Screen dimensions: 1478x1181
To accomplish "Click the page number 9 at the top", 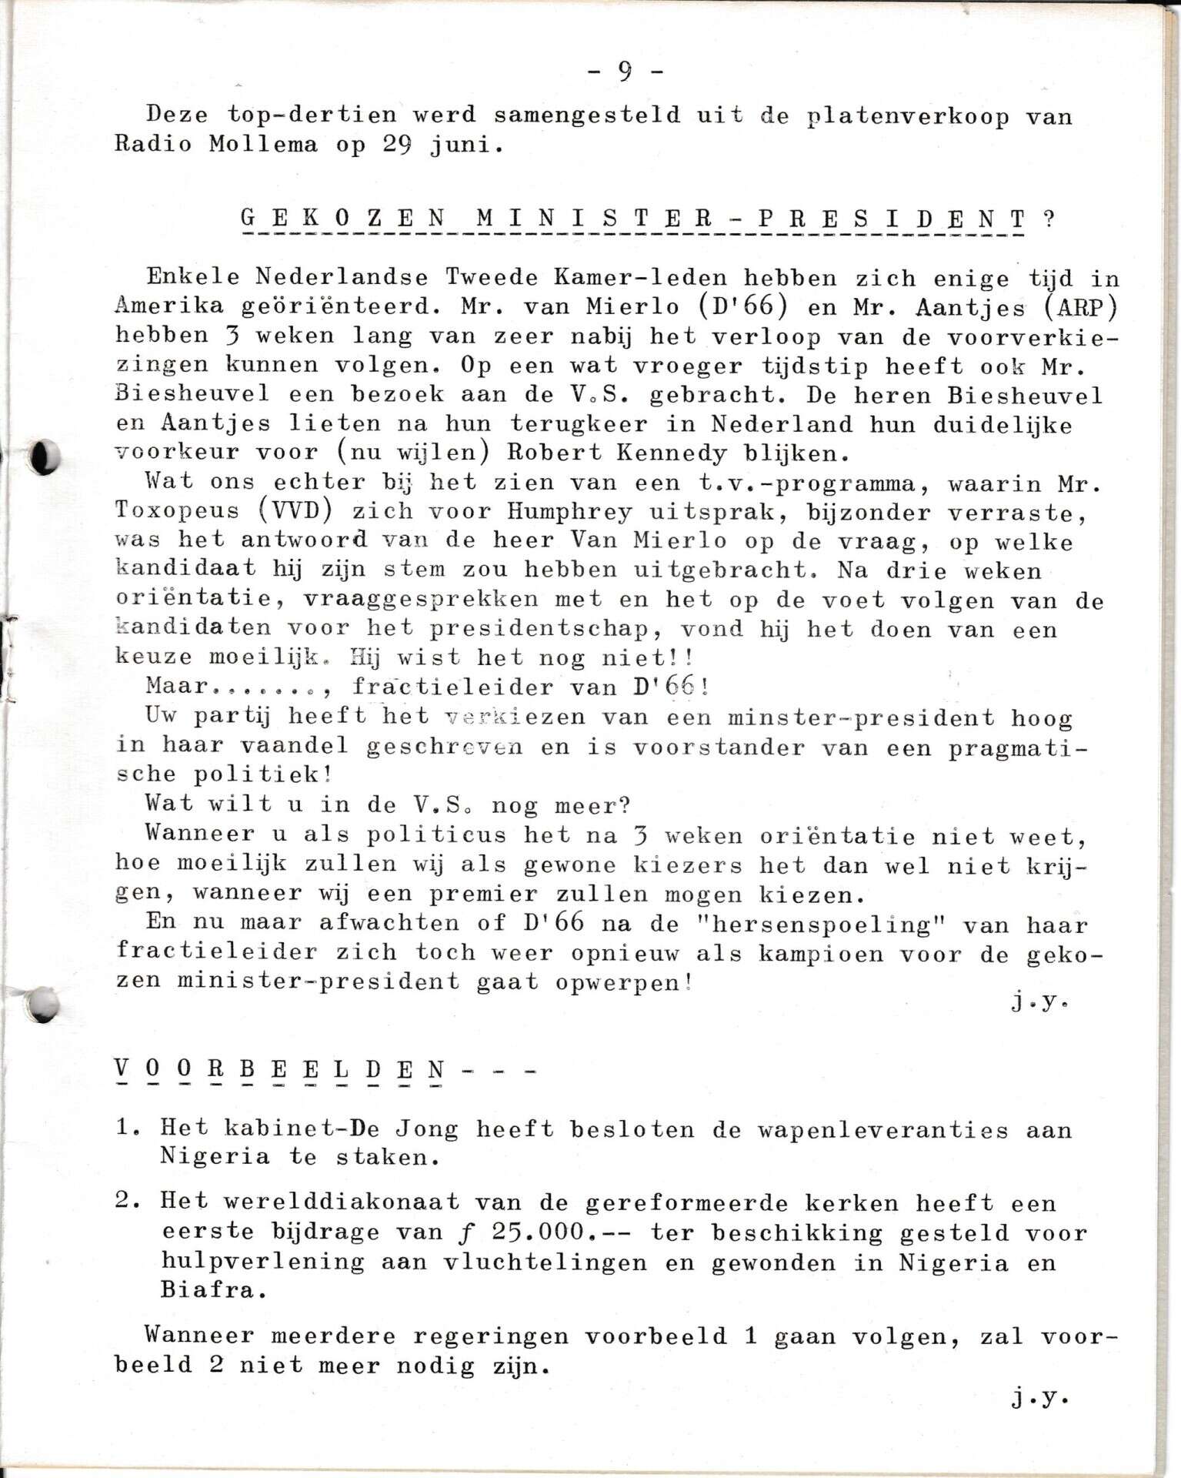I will pos(624,72).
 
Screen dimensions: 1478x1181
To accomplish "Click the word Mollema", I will pos(263,145).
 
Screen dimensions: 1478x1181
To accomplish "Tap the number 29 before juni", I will pos(399,145).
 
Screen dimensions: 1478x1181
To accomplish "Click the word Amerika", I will pos(169,306).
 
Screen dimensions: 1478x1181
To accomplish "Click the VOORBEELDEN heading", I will pos(280,1069).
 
